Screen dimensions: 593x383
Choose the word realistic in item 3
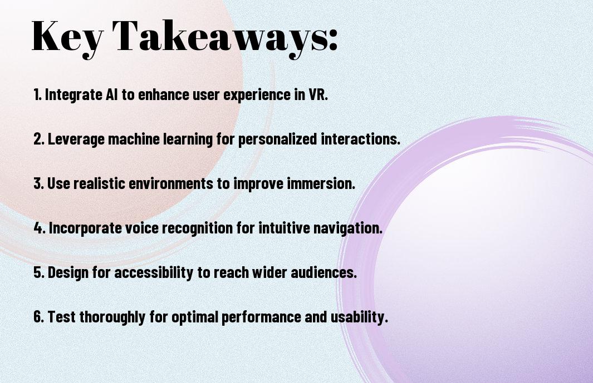click(99, 183)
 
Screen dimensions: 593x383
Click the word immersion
click(321, 183)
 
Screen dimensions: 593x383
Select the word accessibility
click(154, 273)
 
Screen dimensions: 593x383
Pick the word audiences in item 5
click(324, 272)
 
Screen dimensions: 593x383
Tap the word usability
click(359, 317)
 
